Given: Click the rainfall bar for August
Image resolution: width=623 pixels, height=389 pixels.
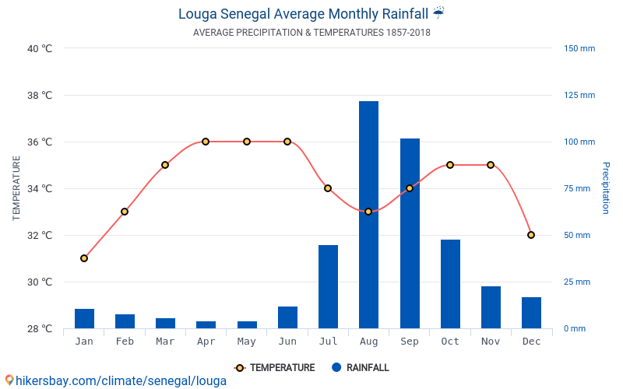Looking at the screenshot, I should click(368, 215).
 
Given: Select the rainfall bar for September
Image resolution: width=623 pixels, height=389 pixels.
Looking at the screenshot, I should click(410, 233).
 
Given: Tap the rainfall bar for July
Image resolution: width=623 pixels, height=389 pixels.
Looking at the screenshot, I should click(328, 286).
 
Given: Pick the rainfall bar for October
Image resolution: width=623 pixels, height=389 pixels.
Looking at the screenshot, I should click(450, 284).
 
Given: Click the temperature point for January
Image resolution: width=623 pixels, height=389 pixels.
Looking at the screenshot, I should click(84, 258).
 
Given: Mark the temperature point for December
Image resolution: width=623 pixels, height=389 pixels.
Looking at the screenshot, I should click(531, 235).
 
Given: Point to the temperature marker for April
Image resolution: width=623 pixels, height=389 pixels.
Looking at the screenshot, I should click(206, 142).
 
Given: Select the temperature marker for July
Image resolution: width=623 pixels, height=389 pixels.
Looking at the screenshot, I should click(328, 188).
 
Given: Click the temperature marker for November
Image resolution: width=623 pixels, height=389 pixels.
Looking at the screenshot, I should click(491, 165).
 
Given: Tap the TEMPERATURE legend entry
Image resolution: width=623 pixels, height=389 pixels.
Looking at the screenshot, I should click(275, 368).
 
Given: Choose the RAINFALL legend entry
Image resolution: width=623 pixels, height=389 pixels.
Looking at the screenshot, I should click(360, 368).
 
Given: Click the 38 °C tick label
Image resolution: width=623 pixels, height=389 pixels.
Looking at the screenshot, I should click(40, 96).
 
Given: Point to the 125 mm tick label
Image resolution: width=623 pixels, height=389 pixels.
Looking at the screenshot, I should click(579, 96).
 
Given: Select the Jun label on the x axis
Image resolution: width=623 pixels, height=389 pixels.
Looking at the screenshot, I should click(287, 342).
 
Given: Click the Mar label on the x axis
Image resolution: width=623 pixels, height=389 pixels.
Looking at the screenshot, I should click(165, 342).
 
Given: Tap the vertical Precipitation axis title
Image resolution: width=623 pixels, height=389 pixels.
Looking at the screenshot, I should click(605, 188).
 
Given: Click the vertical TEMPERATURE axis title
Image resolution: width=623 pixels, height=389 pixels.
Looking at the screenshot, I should click(16, 188).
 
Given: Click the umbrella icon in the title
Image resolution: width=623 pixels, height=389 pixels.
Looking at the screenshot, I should click(438, 12).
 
